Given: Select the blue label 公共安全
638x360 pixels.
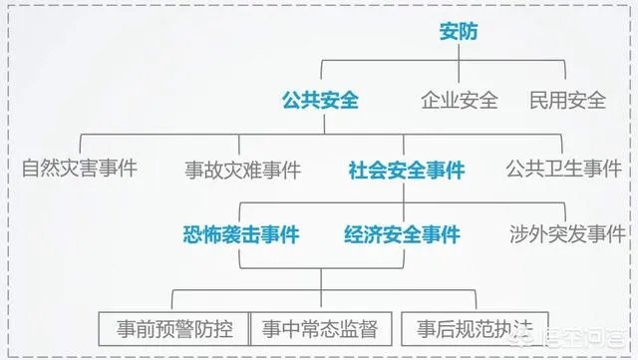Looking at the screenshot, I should click(319, 100).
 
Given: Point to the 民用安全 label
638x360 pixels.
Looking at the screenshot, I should click(566, 100).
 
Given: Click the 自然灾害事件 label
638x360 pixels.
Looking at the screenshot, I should click(80, 167).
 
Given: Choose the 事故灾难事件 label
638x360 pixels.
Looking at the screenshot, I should click(242, 170).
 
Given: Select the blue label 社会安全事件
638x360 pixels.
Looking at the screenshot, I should click(407, 170).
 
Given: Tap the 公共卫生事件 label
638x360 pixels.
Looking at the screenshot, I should click(564, 167).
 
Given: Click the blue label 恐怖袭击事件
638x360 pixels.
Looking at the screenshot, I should click(240, 234).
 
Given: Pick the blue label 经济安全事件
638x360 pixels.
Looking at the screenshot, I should click(402, 234).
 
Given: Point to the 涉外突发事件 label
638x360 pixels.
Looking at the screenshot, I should click(566, 234).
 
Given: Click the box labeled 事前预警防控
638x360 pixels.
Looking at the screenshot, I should click(171, 326).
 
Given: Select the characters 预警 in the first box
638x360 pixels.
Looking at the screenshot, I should click(171, 326).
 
